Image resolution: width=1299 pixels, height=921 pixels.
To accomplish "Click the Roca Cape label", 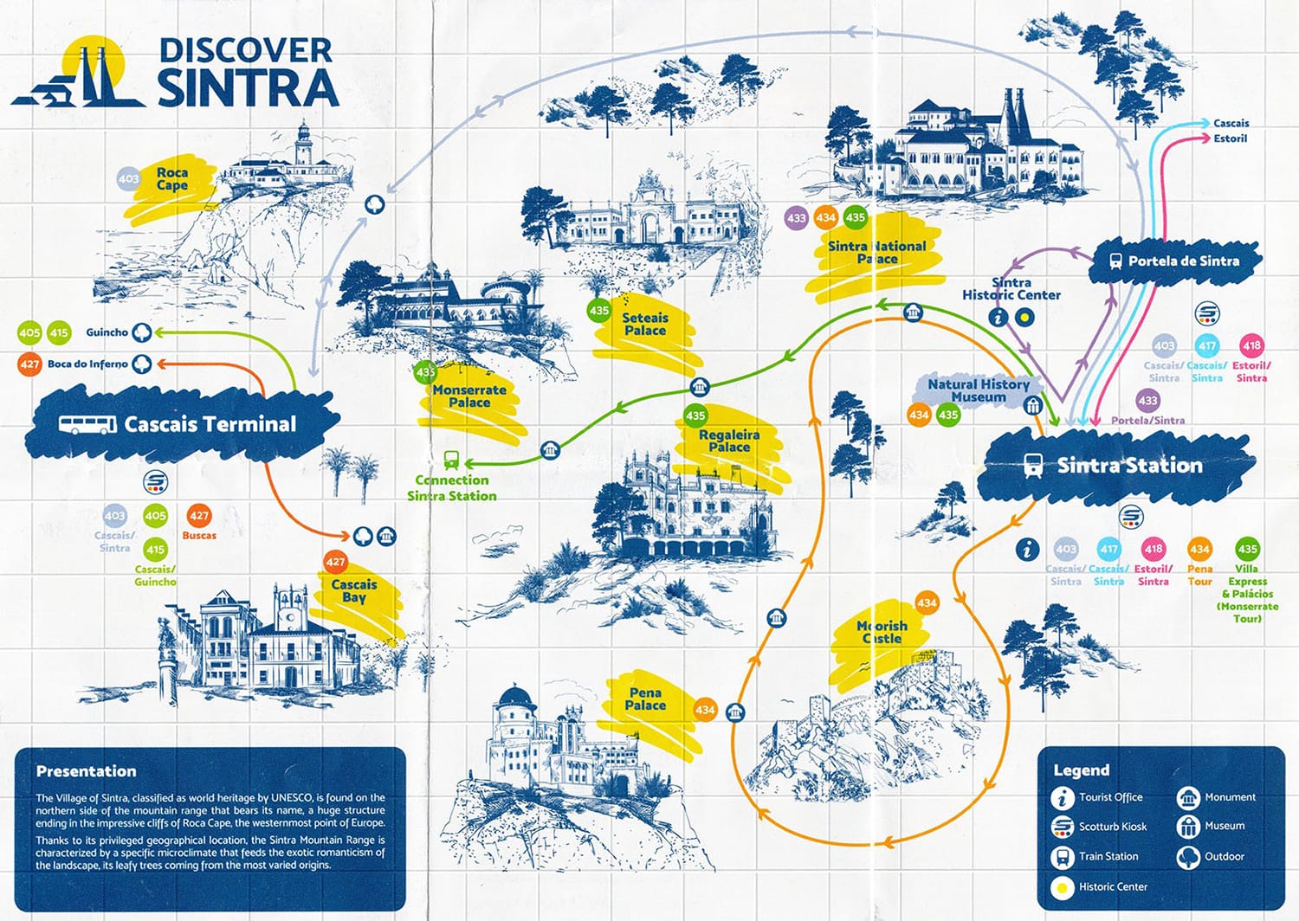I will pos(171,179).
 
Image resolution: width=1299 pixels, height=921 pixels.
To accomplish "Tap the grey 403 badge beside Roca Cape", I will pos(128,179).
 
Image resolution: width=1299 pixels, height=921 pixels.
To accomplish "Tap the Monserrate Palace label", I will pos(469,396).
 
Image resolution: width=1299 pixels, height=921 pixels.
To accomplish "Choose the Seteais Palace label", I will pos(645,324).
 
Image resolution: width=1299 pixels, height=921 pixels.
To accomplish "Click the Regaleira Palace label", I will pos(729,441).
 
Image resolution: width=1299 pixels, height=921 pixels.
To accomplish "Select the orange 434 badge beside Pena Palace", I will pos(705,710).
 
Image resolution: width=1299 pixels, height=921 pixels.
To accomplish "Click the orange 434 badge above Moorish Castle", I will pos(927,602).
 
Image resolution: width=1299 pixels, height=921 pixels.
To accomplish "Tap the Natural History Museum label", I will pos(979,390).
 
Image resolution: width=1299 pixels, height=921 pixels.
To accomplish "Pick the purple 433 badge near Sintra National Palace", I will pos(797,218).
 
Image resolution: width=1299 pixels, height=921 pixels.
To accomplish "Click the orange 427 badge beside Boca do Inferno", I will pos(29,364).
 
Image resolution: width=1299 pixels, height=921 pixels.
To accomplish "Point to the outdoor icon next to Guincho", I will pos(141,332).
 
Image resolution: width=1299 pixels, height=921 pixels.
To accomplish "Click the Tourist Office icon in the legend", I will pos(1063,798).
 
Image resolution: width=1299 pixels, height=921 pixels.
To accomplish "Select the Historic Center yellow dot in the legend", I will pos(1063,887).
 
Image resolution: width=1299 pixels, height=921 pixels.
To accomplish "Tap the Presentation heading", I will pos(86,771).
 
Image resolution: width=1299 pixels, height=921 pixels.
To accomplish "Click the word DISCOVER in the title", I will pos(245,50).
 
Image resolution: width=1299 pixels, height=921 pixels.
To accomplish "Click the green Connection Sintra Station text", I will pos(452,488).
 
